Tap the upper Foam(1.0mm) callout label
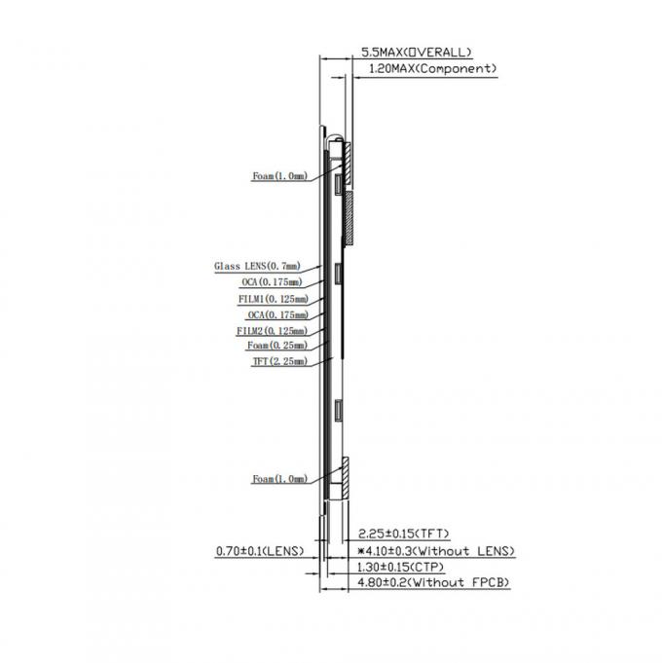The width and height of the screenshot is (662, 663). pos(279,176)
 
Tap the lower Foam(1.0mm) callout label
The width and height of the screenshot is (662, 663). pos(279,479)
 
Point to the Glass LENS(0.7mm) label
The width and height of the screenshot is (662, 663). pos(257,266)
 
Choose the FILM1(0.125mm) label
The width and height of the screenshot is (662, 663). pos(273,299)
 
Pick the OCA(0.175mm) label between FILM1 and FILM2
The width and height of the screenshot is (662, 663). pos(277,315)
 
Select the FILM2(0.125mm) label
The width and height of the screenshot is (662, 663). pos(273,331)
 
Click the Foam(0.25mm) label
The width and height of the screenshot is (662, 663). pos(277,346)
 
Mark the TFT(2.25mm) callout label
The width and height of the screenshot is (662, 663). pos(278,361)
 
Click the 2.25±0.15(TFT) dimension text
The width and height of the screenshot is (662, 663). pos(403,534)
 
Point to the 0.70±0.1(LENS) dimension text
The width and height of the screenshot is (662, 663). pos(260,551)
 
